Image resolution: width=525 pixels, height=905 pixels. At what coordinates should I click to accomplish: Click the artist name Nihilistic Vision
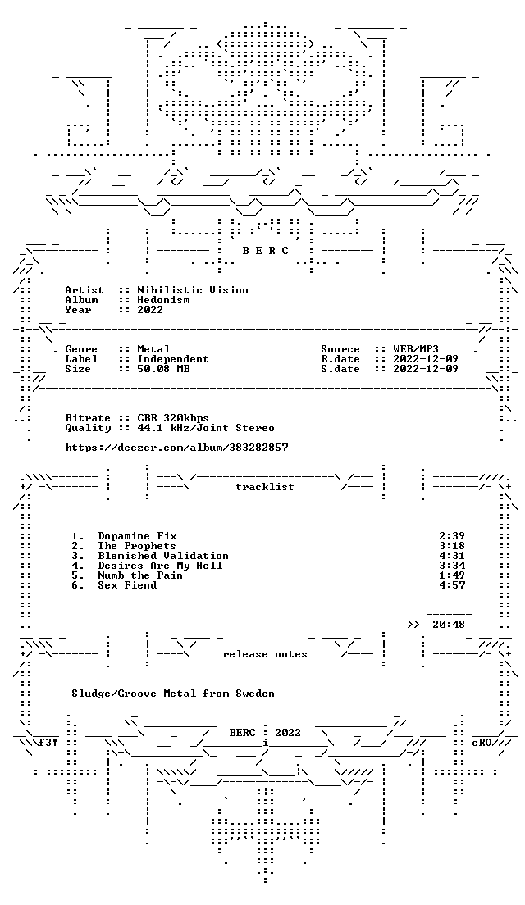pos(192,290)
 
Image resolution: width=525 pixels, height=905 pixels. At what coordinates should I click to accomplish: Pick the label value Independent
pos(173,359)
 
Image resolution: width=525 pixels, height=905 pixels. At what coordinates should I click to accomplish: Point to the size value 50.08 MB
pos(163,369)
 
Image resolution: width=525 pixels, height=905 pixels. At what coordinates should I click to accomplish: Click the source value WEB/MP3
pos(415,349)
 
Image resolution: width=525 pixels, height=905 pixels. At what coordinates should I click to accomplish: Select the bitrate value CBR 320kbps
pos(173,418)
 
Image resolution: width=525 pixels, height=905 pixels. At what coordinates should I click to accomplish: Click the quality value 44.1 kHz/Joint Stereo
pos(206,428)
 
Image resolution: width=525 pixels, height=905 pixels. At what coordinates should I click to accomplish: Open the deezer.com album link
pos(176,448)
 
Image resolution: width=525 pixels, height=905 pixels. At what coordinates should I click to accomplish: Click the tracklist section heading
pos(264,487)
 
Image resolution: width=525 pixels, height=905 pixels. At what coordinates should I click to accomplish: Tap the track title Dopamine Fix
pos(137,536)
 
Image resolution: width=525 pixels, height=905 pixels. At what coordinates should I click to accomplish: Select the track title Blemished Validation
pos(163,556)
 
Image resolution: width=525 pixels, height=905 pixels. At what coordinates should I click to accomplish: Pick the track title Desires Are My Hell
pos(160,566)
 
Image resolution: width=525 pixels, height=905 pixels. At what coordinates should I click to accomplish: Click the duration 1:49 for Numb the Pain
pos(452,575)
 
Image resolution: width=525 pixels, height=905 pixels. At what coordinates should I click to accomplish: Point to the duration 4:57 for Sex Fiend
pos(452,585)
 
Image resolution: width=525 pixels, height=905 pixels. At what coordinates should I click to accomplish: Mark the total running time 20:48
pos(448,625)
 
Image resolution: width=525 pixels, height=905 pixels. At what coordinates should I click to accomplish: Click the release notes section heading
pos(264,654)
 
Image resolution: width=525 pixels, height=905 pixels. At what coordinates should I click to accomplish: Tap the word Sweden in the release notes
pos(254,694)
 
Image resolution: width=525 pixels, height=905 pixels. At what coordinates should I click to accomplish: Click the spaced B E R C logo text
pos(264,251)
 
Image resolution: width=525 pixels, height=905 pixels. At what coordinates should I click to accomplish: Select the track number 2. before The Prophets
pos(78,546)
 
